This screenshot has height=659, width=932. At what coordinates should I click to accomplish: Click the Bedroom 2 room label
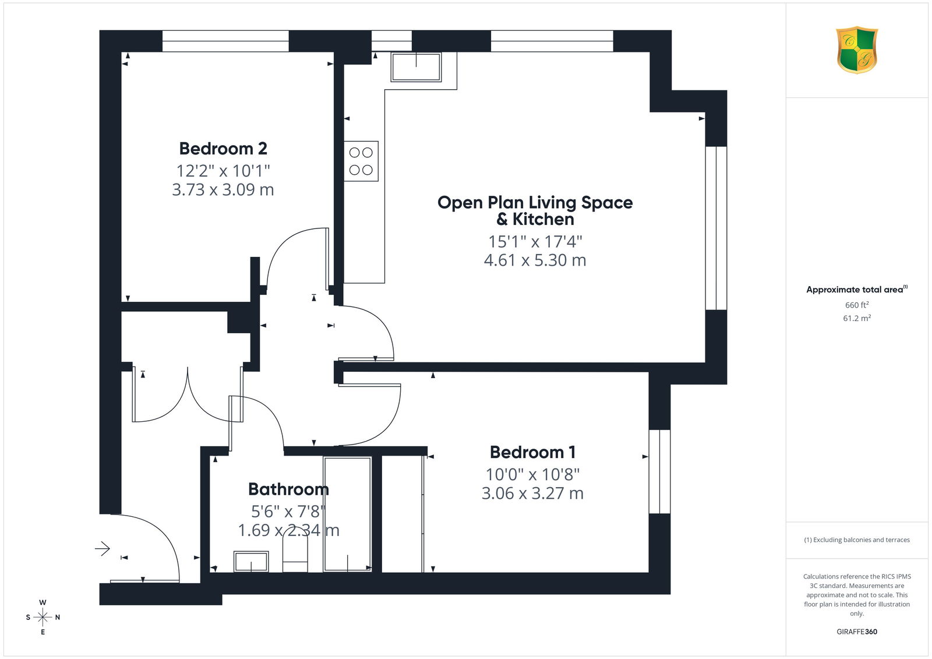point(223,149)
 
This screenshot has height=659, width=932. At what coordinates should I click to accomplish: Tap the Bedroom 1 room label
point(532,452)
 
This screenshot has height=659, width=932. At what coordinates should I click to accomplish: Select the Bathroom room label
point(288,489)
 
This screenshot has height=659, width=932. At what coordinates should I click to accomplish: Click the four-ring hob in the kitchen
point(361,161)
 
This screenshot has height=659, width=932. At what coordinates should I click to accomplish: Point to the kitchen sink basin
point(416,66)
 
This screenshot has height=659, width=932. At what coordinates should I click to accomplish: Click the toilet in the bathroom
point(295,554)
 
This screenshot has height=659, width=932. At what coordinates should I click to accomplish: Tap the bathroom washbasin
point(251,562)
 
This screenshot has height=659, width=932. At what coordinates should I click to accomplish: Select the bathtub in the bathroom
point(347,514)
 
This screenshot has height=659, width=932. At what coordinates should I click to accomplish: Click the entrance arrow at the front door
point(103,549)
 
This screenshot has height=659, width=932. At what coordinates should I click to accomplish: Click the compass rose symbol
point(43,617)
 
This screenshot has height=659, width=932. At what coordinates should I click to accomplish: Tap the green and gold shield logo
point(857,50)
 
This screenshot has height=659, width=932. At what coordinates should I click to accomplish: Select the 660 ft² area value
point(857,305)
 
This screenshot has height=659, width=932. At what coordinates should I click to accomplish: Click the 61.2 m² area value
point(857,318)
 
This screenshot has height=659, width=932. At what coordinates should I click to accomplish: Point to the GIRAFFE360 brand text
point(857,632)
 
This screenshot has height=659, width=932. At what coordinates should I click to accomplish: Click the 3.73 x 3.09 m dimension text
point(223,189)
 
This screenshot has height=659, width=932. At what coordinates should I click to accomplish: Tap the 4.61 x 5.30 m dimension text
point(535,260)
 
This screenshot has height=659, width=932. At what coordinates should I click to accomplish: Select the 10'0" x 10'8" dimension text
point(532,474)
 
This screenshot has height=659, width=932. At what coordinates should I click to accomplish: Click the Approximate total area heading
point(857,290)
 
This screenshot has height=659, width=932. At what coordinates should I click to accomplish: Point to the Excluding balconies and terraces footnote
point(857,540)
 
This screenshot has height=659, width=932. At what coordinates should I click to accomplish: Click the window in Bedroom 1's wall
point(659,471)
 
